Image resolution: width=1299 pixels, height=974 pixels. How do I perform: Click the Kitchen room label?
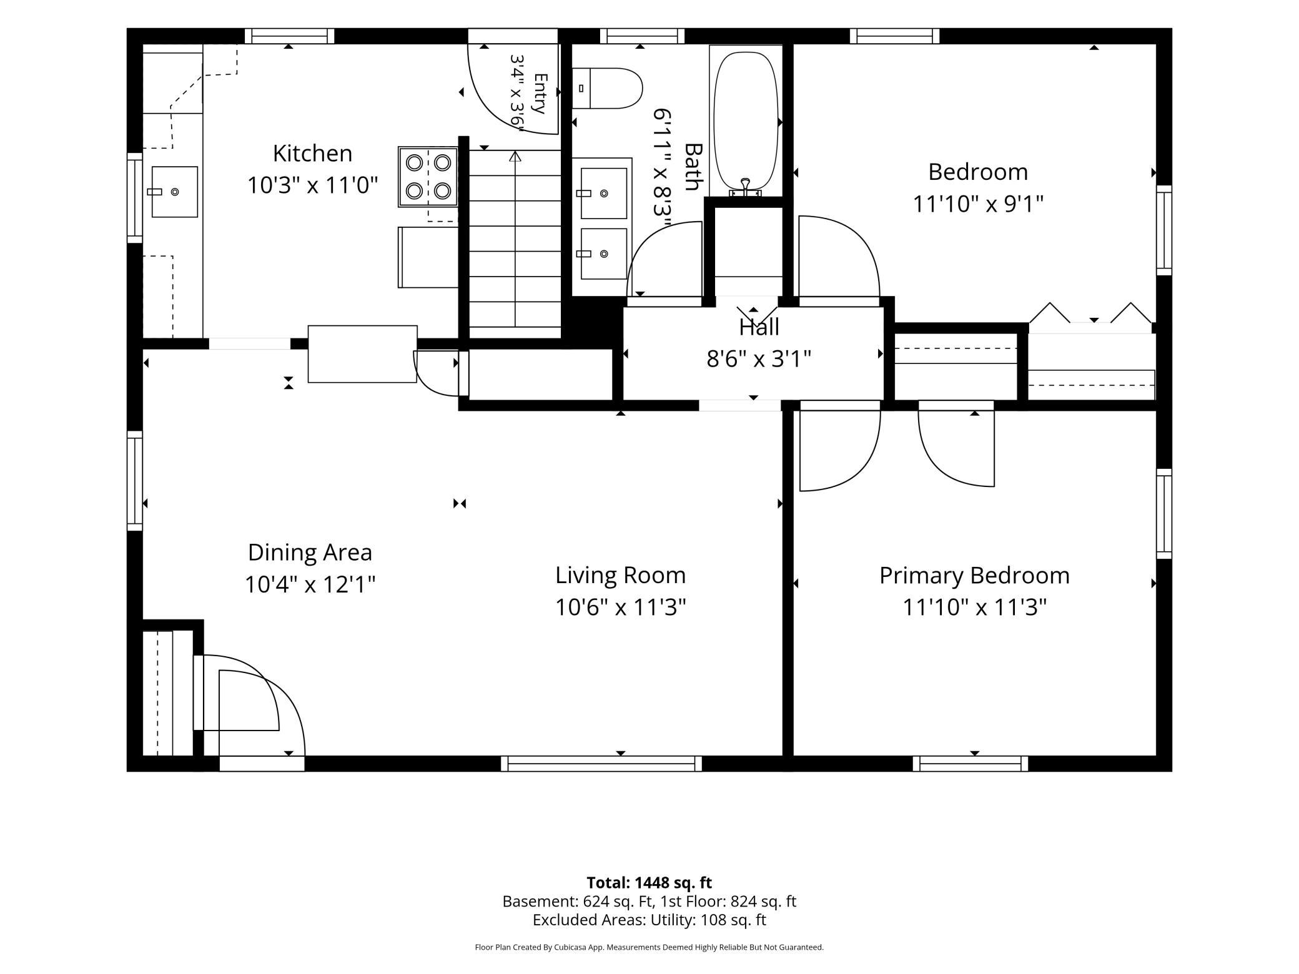pyautogui.click(x=312, y=154)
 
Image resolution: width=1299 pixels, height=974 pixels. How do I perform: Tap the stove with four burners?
pyautogui.click(x=428, y=177)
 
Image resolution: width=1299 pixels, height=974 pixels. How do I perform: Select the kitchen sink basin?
pyautogui.click(x=174, y=192)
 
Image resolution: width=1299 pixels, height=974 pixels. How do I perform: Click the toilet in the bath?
pyautogui.click(x=607, y=88)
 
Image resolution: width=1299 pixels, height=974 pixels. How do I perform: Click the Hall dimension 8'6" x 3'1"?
pyautogui.click(x=759, y=359)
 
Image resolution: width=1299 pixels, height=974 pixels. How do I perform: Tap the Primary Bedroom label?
pyautogui.click(x=974, y=576)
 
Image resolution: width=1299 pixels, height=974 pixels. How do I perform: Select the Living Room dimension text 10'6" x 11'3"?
pyautogui.click(x=621, y=607)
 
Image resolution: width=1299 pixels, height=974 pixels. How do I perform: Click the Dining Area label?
pyautogui.click(x=310, y=553)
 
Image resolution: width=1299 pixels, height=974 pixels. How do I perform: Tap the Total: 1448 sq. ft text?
pyautogui.click(x=649, y=883)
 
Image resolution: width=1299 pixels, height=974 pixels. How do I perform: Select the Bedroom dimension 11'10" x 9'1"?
pyautogui.click(x=978, y=204)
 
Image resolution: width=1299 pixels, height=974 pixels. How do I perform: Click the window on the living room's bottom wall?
pyautogui.click(x=601, y=764)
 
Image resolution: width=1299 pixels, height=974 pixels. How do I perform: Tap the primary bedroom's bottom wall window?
pyautogui.click(x=971, y=764)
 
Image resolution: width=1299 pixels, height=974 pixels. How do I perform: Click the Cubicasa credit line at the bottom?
pyautogui.click(x=649, y=947)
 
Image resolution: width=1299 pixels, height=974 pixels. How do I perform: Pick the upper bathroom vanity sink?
pyautogui.click(x=603, y=194)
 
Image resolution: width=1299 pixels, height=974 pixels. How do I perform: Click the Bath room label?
pyautogui.click(x=693, y=167)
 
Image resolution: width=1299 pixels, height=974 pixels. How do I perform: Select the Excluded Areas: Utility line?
pyautogui.click(x=649, y=920)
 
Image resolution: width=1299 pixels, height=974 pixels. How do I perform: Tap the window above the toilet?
pyautogui.click(x=642, y=36)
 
